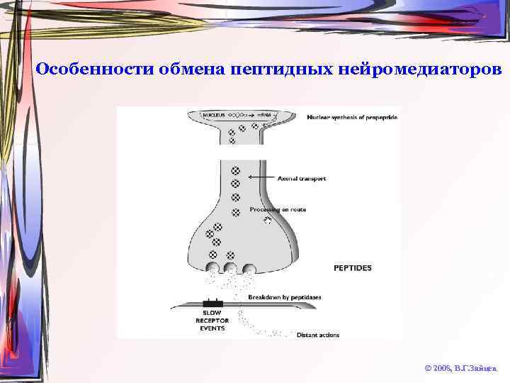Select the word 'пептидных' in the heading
click(x=282, y=70)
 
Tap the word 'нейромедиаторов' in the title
click(x=421, y=70)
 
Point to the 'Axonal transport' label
click(x=302, y=179)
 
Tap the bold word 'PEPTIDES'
click(x=352, y=267)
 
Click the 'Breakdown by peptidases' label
click(x=285, y=297)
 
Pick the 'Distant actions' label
click(x=318, y=335)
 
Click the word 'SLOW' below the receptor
click(x=211, y=313)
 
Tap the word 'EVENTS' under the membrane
click(x=211, y=328)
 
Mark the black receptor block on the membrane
click(x=212, y=303)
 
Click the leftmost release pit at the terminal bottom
click(x=212, y=268)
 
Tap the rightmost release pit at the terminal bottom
click(x=249, y=268)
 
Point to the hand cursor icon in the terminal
click(x=267, y=221)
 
